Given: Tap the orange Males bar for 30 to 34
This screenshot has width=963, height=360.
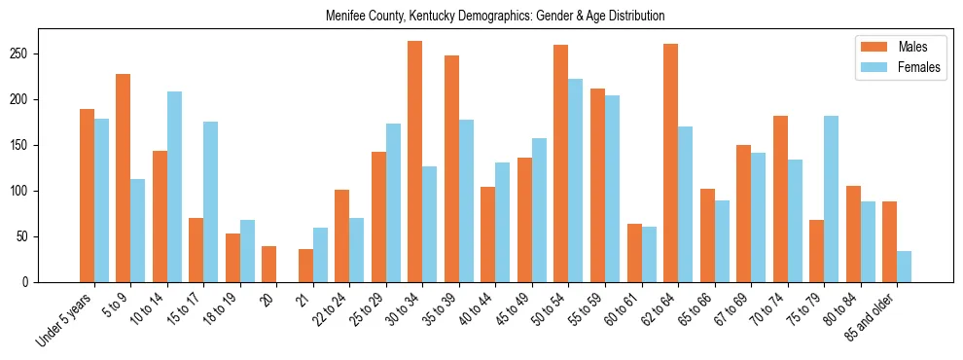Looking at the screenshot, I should click(415, 162).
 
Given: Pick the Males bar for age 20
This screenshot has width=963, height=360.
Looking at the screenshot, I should click(269, 264).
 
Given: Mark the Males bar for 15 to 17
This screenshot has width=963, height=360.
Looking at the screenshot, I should click(196, 250).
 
